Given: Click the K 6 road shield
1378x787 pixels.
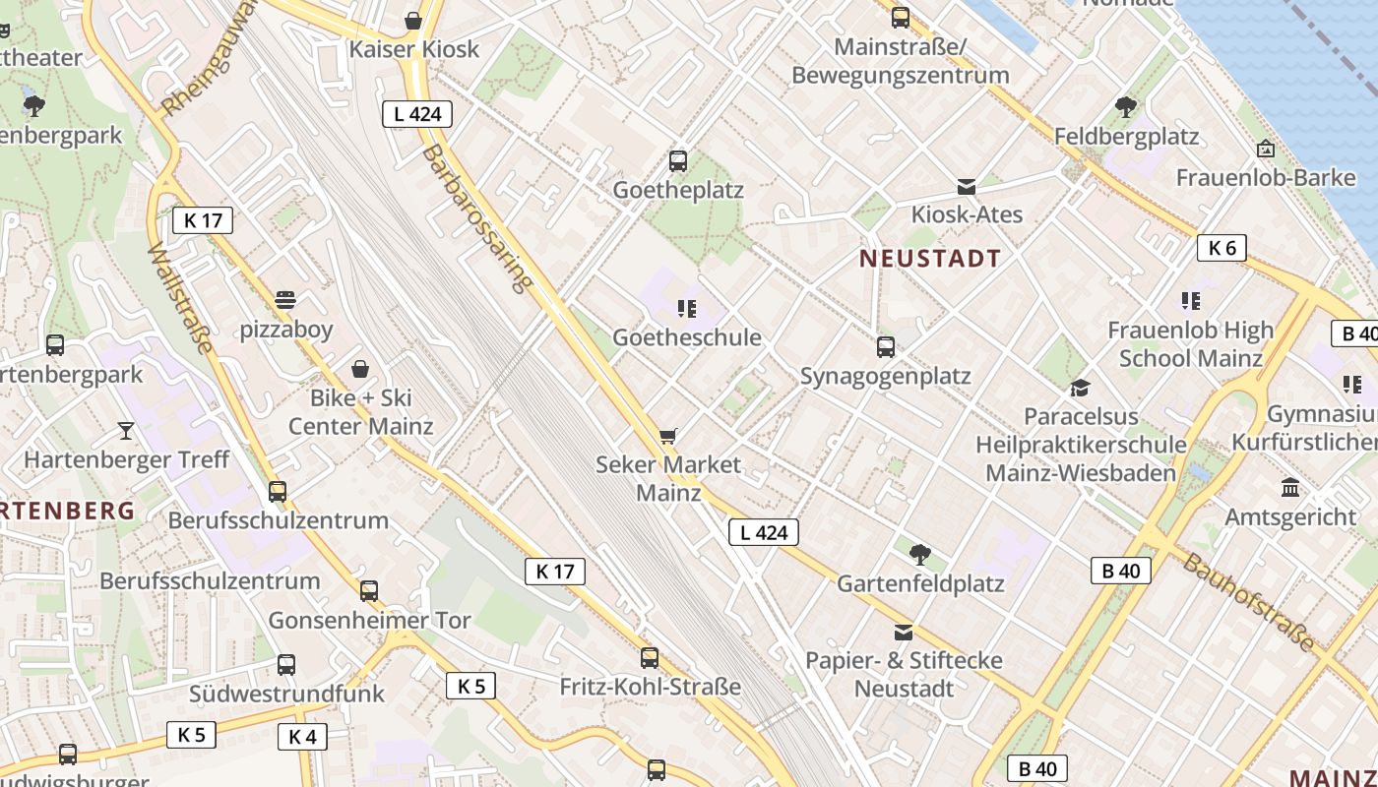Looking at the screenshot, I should (x=1221, y=248).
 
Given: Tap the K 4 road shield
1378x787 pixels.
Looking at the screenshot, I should (x=302, y=736).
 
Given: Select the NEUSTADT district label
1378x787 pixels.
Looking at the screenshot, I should (x=930, y=259).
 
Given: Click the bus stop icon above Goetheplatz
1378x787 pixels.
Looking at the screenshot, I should (x=678, y=161).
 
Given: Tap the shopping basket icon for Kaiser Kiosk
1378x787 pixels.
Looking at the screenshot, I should (x=413, y=21).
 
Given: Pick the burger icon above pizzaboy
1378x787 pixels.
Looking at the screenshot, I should (x=285, y=299).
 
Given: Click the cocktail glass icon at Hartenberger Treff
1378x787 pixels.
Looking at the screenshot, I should (x=126, y=430).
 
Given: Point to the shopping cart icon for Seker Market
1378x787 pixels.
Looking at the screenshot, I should (x=668, y=436).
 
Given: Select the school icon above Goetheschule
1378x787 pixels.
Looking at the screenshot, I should (x=687, y=309).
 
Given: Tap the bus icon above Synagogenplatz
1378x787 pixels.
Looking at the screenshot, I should (x=886, y=346).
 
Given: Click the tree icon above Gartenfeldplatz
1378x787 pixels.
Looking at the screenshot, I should (x=920, y=555).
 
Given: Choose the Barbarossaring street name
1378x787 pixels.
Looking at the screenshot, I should (x=476, y=218).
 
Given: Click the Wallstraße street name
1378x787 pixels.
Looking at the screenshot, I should (x=180, y=297).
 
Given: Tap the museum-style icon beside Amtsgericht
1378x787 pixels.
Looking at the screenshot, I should (x=1290, y=487).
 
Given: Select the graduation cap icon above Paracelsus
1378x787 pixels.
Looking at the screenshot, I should (x=1080, y=388).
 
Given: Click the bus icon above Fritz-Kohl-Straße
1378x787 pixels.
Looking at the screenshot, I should (x=650, y=658).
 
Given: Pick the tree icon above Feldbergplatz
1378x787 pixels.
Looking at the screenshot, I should (x=1126, y=107).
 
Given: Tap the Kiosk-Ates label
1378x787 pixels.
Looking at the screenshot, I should (x=967, y=214).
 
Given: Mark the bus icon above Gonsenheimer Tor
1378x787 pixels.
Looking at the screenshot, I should (x=369, y=591).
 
